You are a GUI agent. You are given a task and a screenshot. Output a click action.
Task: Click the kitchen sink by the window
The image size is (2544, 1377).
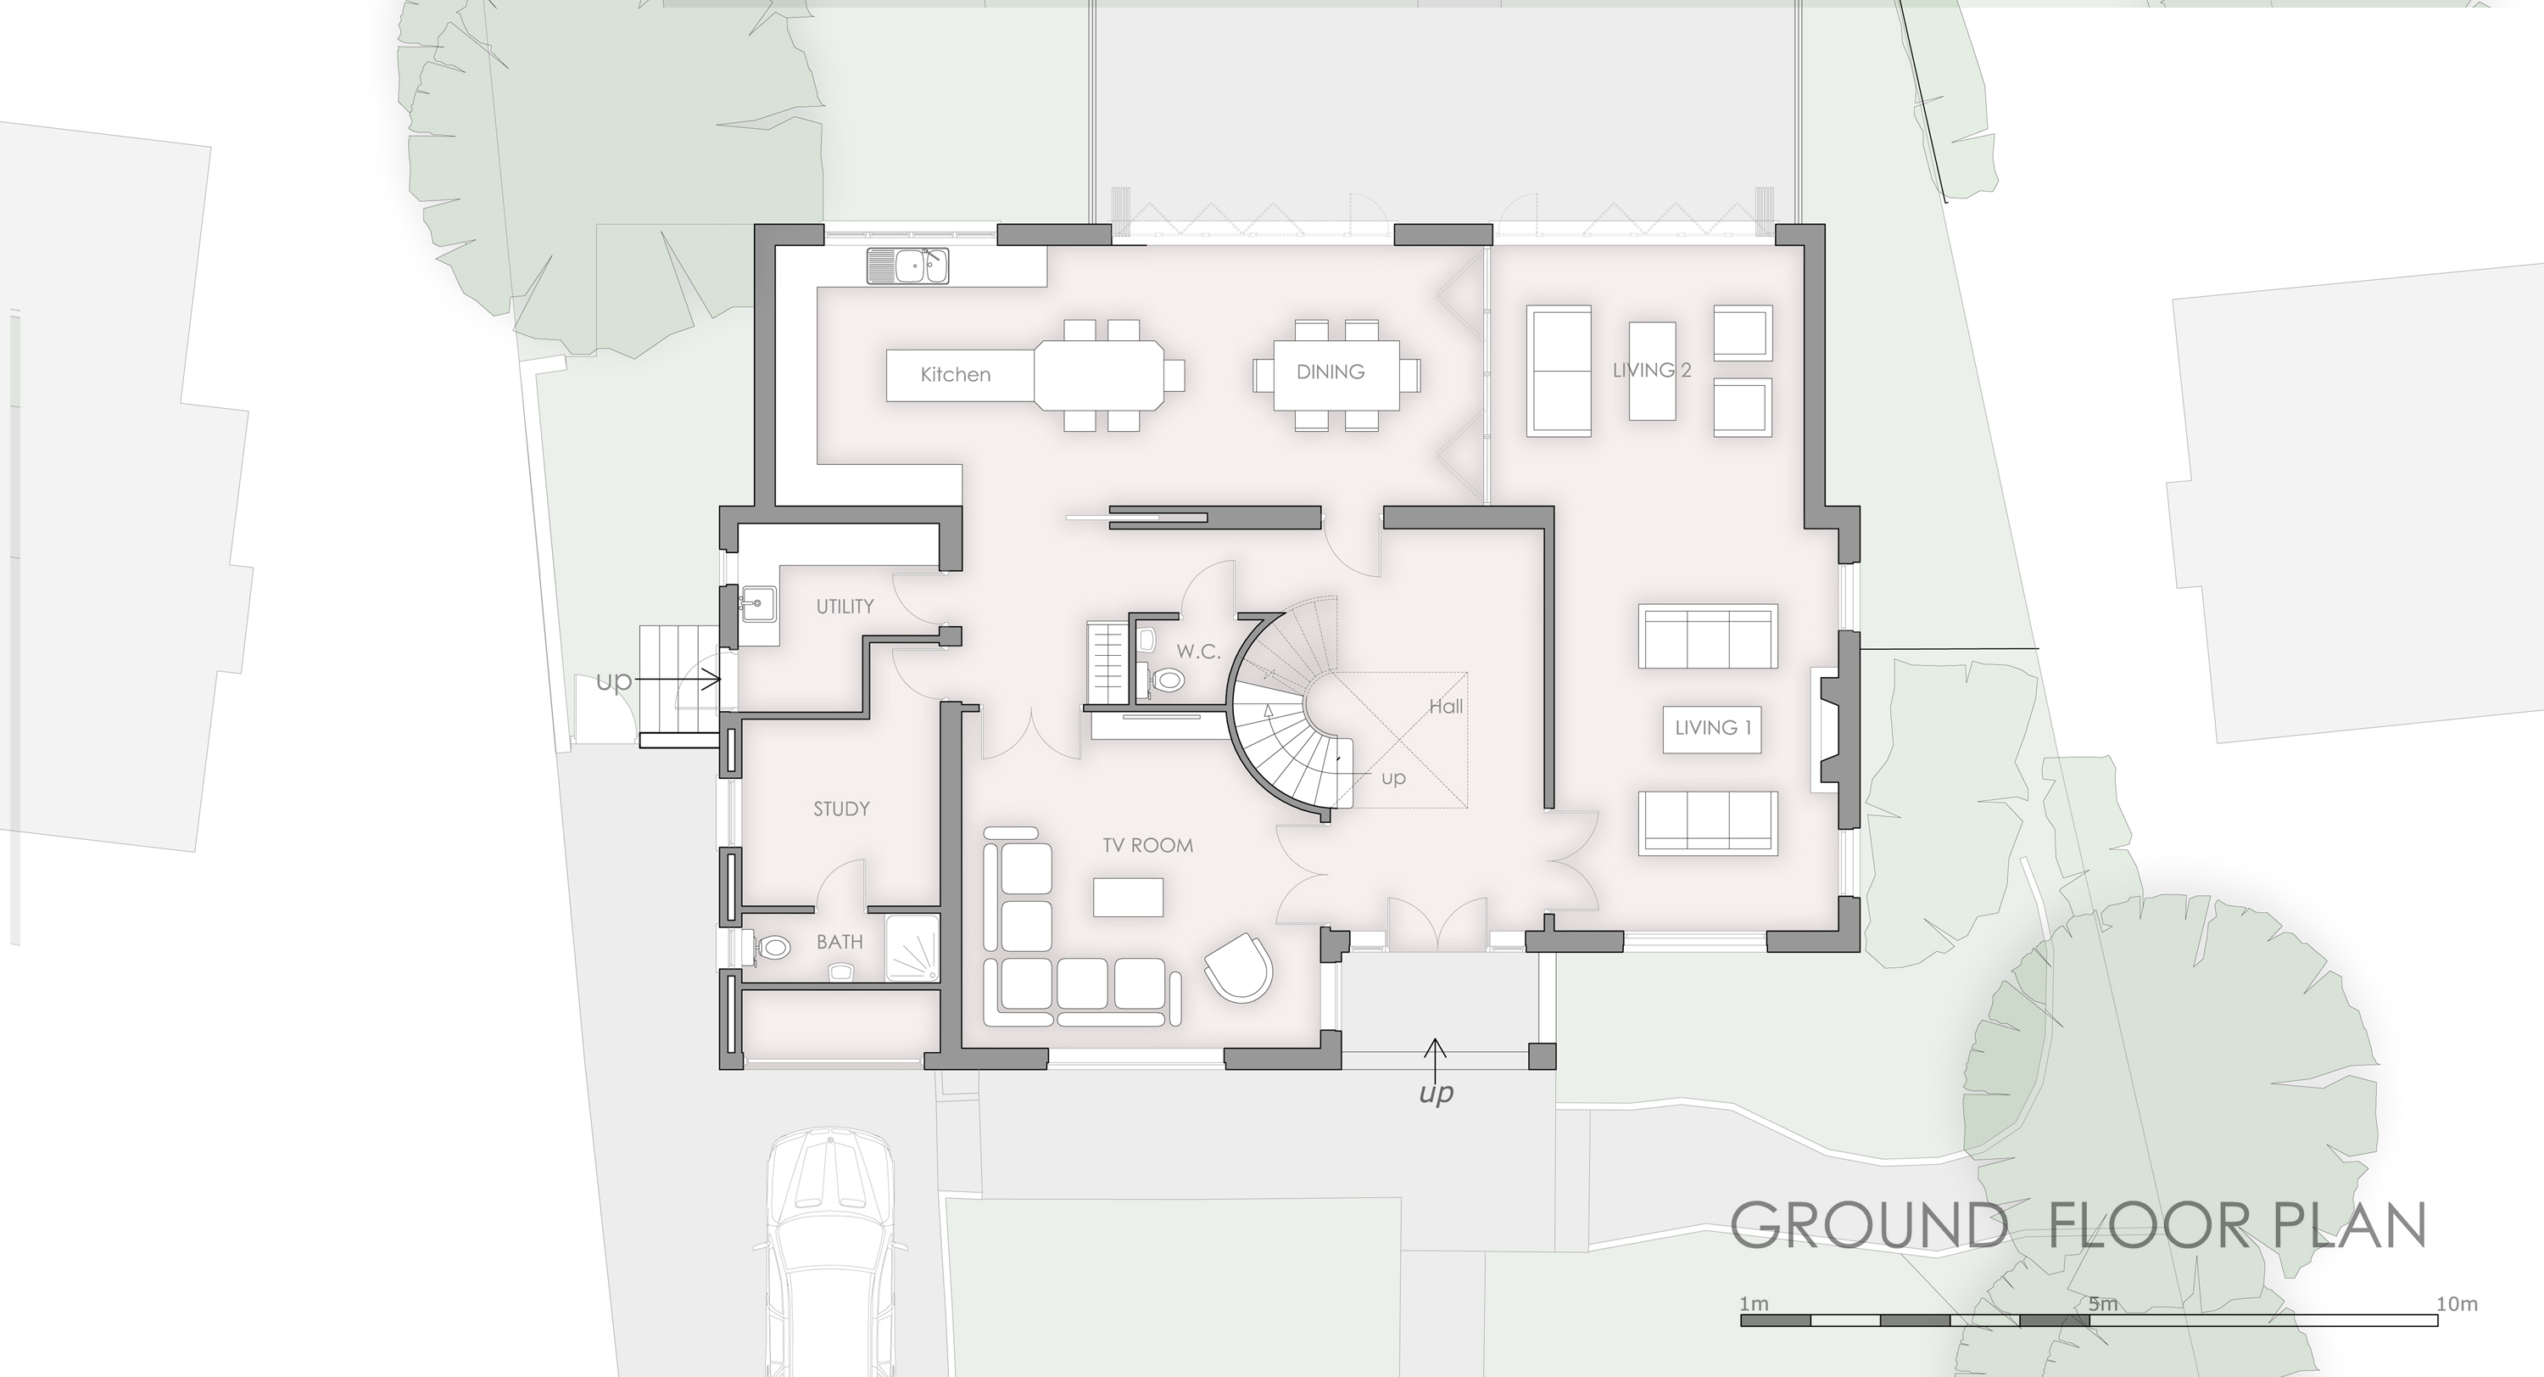[907, 266]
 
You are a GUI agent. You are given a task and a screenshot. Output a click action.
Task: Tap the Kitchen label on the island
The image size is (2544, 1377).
[955, 374]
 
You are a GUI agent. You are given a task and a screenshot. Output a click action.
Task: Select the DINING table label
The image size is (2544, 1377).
[1331, 372]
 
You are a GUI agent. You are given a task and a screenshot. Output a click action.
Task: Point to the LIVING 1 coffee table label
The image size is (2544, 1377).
[1712, 728]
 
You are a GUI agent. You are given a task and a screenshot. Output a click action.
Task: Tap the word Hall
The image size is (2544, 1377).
[1446, 706]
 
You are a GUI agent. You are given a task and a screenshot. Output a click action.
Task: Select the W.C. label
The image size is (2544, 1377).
[1198, 652]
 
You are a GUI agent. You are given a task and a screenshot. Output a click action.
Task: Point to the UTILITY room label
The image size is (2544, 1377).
[845, 607]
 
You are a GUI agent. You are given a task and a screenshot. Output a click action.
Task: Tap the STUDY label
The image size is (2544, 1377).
[841, 809]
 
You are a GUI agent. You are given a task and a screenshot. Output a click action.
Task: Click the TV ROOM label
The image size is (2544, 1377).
[1147, 846]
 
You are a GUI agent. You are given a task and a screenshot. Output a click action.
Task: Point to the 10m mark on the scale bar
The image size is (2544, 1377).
[2458, 1304]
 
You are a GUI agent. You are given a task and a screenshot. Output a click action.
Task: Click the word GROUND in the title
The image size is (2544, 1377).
[1867, 1226]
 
